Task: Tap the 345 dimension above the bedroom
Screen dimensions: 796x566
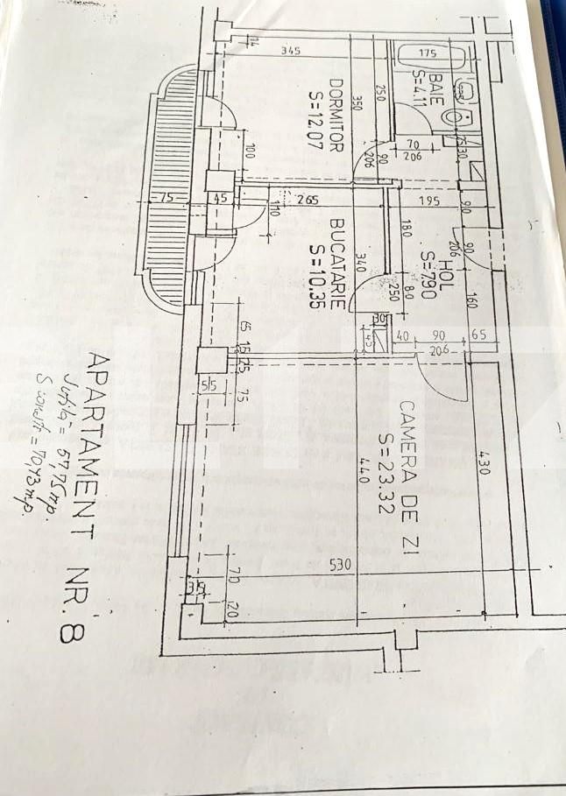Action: point(291,51)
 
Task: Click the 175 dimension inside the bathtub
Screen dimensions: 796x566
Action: point(428,52)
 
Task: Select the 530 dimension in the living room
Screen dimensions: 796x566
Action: point(342,566)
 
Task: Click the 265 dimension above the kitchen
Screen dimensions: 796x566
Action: point(307,200)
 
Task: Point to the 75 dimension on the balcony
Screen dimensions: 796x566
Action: point(166,199)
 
